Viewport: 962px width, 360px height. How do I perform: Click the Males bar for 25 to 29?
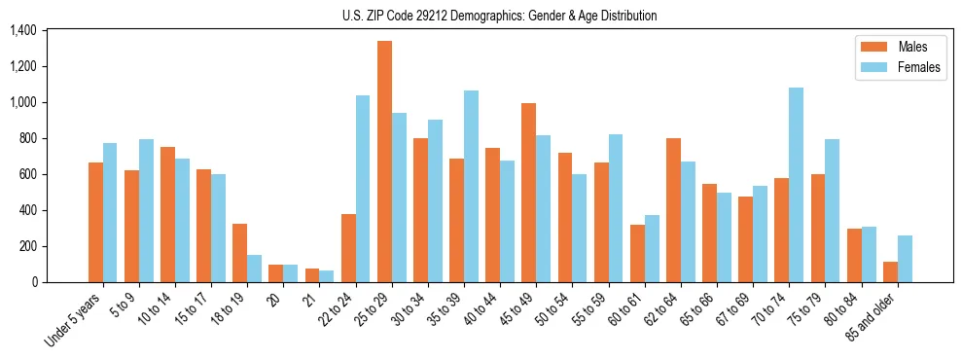[384, 162]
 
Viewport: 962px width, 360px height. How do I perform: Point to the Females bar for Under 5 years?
[110, 212]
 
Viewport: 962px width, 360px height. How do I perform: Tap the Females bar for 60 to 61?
[652, 248]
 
